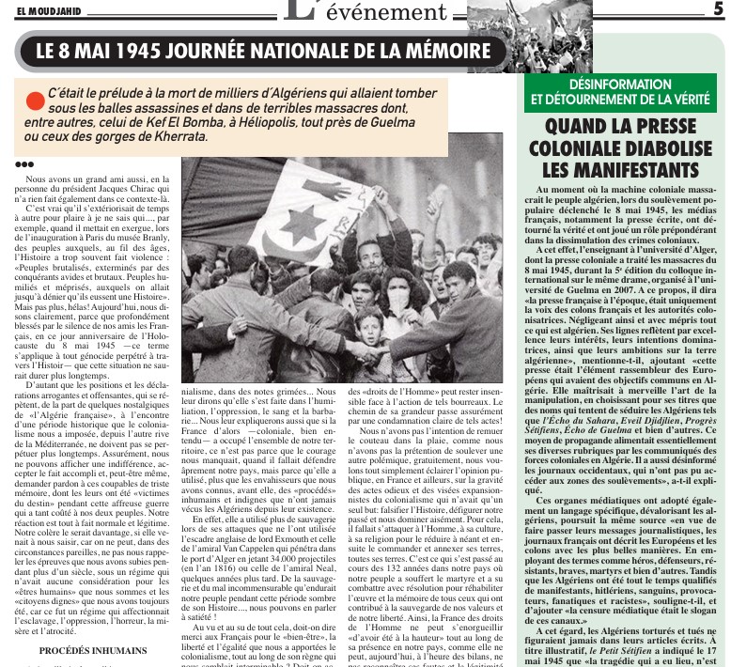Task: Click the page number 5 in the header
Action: (719, 8)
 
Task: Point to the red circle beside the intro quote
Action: (36, 99)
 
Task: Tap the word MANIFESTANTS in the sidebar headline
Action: (619, 170)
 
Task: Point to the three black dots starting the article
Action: (24, 165)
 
